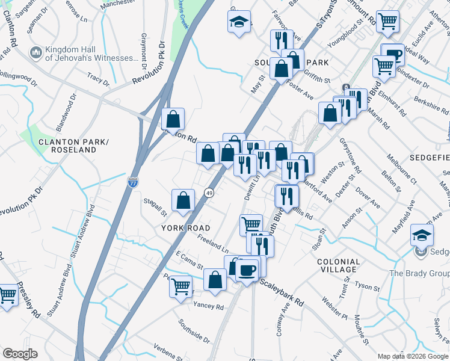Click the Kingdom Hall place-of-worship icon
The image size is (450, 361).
click(x=37, y=54)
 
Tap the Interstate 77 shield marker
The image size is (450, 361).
click(x=132, y=182)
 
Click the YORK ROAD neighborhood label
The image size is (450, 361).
click(x=186, y=228)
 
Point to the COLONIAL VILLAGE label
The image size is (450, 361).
click(x=338, y=265)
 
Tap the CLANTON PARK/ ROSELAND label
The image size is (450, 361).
click(x=66, y=146)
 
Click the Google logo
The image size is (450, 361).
click(x=20, y=354)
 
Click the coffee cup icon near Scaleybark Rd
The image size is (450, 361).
click(x=247, y=269)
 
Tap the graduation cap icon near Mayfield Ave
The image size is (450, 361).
click(x=421, y=234)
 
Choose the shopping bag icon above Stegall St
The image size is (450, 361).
click(x=183, y=200)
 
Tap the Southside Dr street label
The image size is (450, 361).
click(x=194, y=331)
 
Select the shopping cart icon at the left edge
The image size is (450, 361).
click(x=7, y=295)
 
